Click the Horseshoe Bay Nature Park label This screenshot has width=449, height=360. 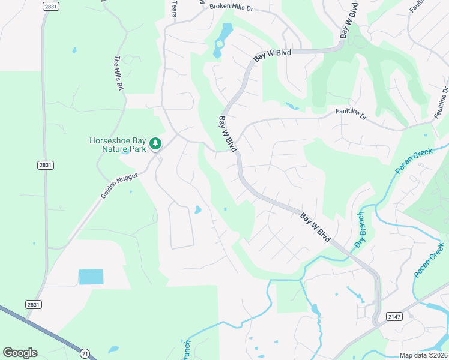pos(117,145)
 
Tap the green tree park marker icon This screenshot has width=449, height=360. pos(155,143)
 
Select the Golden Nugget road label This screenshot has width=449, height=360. pos(119,186)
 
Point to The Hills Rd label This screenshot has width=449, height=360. pos(119,73)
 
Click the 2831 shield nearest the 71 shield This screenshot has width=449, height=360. pos(34,304)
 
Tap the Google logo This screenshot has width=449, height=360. pos(20,353)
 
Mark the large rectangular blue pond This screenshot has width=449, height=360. pos(91,277)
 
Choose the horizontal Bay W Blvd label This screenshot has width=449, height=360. pos(272,54)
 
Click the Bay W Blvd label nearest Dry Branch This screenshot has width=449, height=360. pos(316,227)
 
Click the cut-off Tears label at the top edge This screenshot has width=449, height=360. pos(175,8)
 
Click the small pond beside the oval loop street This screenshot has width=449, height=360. pos(197,210)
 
